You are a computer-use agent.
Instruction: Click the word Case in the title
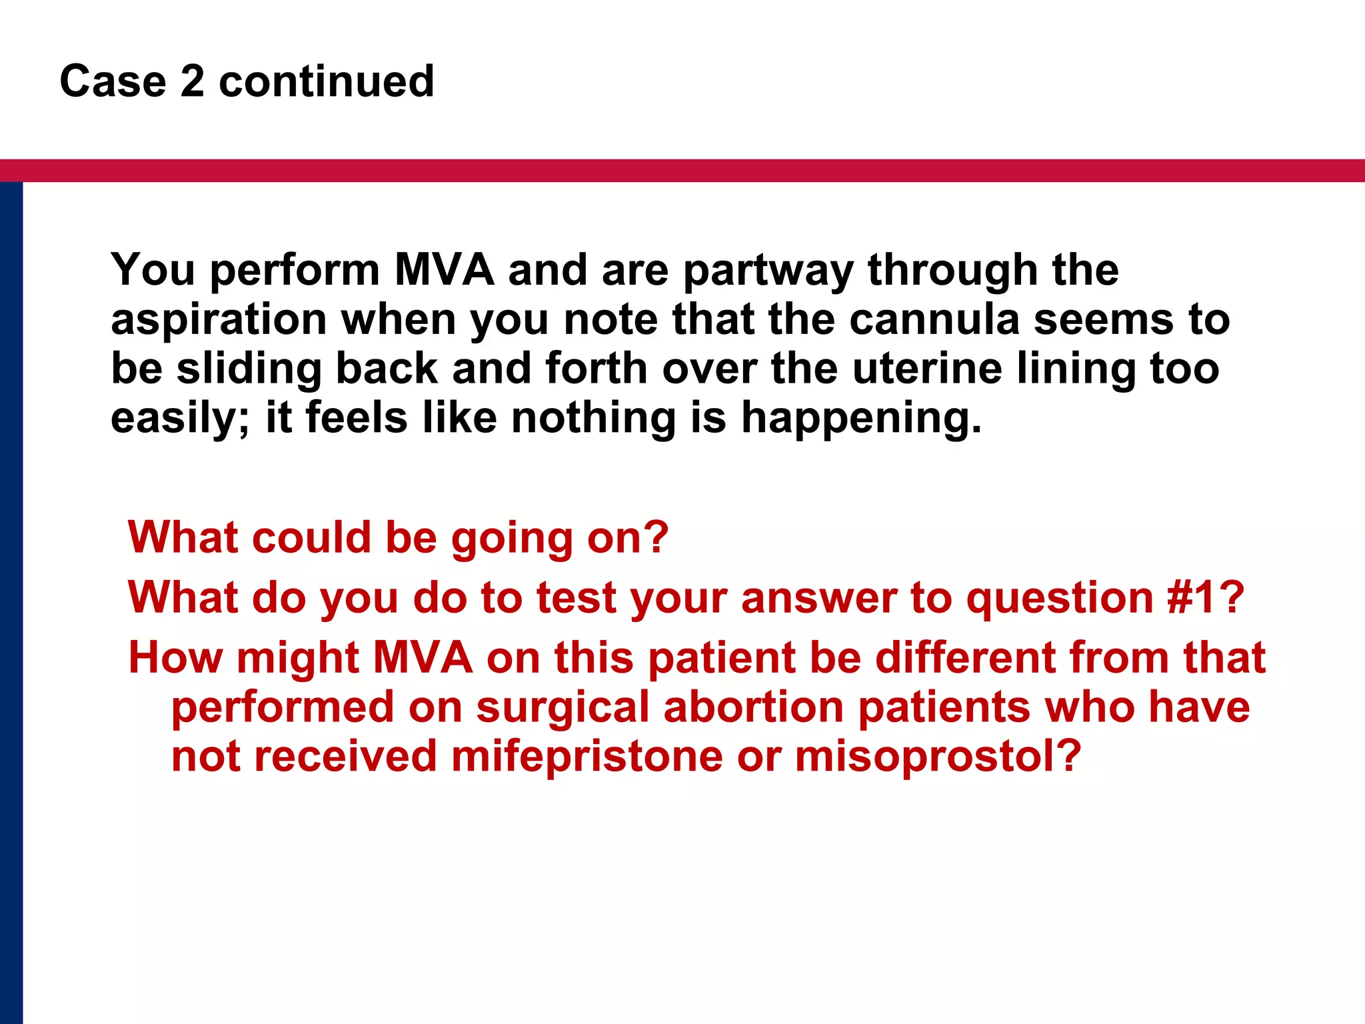(113, 81)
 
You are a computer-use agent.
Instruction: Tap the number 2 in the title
(192, 81)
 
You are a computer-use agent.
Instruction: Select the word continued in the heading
(327, 81)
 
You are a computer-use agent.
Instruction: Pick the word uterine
(927, 369)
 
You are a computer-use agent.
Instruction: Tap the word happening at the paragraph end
(861, 419)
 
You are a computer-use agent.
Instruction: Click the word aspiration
(219, 321)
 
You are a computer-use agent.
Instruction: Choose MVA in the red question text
(423, 658)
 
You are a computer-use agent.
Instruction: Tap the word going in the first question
(512, 538)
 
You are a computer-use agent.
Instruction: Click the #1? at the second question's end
(1205, 597)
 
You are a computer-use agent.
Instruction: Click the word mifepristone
(587, 757)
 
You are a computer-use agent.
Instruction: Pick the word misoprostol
(938, 757)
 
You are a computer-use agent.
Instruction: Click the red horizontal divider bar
(682, 171)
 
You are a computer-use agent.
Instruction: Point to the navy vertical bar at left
(11, 600)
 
